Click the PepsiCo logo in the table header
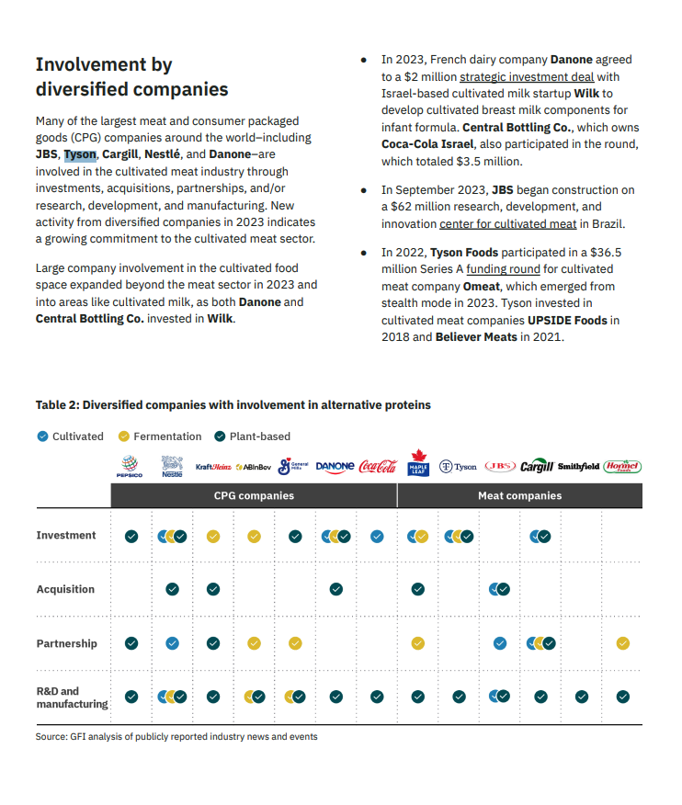130,467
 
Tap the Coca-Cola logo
377,467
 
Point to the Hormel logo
622,467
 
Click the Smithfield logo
578,467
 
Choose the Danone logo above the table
335,467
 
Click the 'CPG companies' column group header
254,495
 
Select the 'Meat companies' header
519,495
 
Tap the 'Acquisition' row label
65,589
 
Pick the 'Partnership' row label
66,643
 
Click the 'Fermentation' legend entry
166,437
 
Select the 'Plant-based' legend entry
259,437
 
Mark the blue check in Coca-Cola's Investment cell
377,536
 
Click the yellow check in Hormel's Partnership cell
622,643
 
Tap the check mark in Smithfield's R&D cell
581,697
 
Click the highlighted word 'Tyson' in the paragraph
80,154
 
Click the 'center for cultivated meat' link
507,224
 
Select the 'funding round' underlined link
503,269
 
